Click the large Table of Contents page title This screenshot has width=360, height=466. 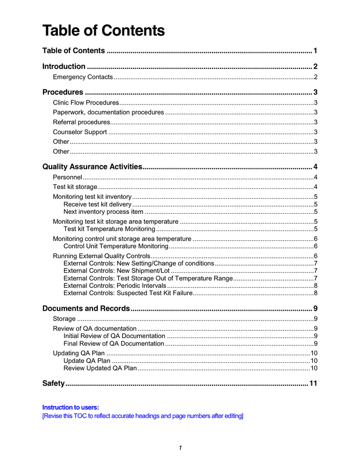tap(103, 31)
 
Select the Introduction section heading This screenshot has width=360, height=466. tap(64, 66)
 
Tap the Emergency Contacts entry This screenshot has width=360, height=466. tap(83, 77)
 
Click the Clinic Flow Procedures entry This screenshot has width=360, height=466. tap(86, 103)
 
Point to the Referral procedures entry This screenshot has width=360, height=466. tap(82, 122)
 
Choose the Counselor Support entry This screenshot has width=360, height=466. tap(80, 132)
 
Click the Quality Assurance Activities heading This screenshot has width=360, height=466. tap(92, 167)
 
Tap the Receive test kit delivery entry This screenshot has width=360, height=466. tap(97, 205)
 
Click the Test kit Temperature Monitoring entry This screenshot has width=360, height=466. tap(109, 229)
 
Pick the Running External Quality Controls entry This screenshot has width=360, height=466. tap(101, 256)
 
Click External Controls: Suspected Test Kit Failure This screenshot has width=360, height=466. tap(128, 293)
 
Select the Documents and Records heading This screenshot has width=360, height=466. tap(86, 309)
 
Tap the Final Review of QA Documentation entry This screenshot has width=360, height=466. tap(114, 343)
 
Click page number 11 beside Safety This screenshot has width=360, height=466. tap(312, 384)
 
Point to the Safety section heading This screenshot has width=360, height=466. tap(53, 384)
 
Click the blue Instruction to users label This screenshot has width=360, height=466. tap(71, 407)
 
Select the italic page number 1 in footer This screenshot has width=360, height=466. tap(180, 448)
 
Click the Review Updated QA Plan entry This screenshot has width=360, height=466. tap(100, 368)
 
